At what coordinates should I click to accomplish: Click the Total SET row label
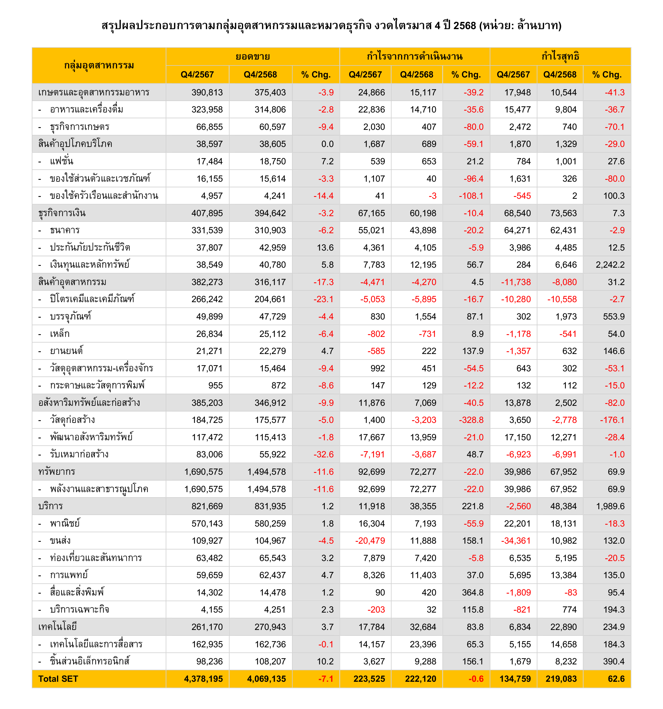coord(58,679)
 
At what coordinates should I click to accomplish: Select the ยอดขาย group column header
coord(252,56)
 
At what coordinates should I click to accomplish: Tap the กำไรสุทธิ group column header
coord(560,56)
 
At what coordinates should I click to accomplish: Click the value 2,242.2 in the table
coord(610,265)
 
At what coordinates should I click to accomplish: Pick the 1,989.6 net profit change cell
coord(610,506)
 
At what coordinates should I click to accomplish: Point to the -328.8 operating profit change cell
coord(471,420)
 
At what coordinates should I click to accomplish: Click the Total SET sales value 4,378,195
coord(203,679)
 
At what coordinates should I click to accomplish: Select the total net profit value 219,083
coord(561,679)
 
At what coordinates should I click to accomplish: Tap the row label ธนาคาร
coord(65,230)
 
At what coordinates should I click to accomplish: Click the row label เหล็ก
coord(60,334)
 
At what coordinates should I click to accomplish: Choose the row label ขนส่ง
coord(60,541)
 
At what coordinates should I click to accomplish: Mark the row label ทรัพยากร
coord(57,472)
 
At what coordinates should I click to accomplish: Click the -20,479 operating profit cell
coord(370,541)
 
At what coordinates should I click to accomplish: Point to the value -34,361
coord(516,541)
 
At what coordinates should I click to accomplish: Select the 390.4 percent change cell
coord(614,661)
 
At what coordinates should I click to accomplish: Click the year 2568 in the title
coord(465,26)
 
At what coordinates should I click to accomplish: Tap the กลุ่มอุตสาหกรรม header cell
coord(99,65)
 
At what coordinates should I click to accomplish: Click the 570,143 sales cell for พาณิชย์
coord(207,524)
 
